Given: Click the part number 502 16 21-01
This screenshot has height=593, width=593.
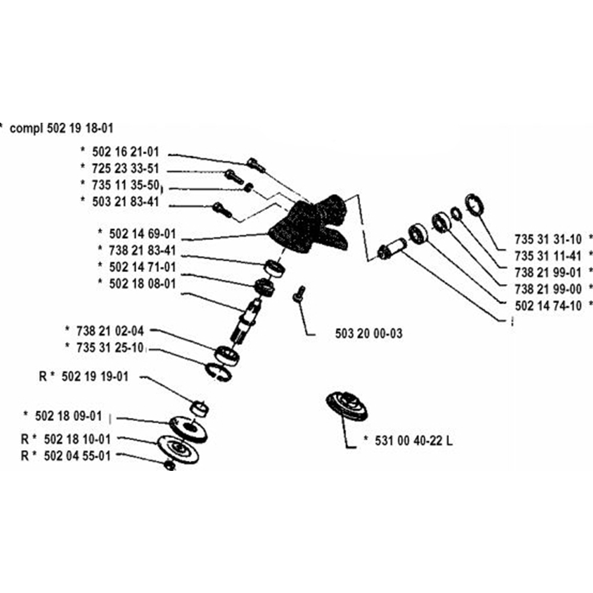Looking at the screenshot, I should tap(126, 152).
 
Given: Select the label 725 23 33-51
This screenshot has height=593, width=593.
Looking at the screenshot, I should tap(126, 168).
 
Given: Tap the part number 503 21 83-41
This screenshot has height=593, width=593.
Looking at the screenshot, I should tap(126, 201).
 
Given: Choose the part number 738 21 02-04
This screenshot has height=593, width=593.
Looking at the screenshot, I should tap(111, 330).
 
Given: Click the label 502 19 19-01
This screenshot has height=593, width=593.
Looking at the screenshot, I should tap(95, 377).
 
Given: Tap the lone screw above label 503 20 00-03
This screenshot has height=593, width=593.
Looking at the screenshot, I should tap(299, 294).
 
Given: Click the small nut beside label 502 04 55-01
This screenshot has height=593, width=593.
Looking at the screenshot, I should tap(169, 466).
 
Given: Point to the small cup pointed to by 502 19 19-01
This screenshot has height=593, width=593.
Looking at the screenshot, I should tap(200, 409).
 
